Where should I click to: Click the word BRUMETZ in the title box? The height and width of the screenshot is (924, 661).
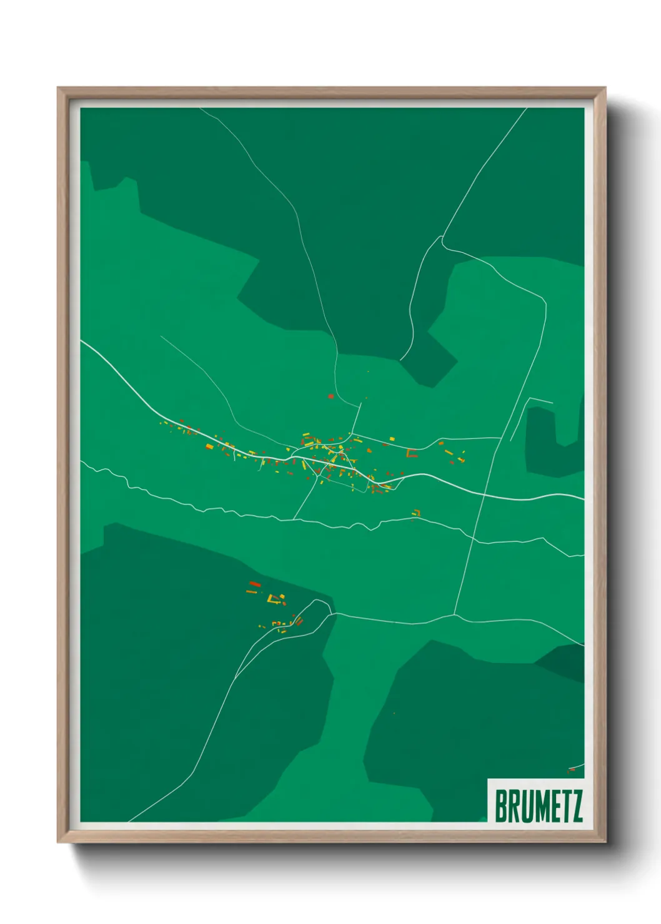tap(539, 806)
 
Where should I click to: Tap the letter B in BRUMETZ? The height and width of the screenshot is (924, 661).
tap(501, 806)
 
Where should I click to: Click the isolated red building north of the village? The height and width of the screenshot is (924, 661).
tap(330, 396)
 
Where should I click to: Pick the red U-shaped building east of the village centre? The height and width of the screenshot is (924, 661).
tap(412, 454)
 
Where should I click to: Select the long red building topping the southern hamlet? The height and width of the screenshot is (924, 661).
tap(254, 584)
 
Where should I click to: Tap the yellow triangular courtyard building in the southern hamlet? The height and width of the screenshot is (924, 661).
tap(272, 599)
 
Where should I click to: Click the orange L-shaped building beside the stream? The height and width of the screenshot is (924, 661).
tap(416, 513)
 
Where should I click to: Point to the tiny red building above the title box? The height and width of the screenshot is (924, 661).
tap(571, 770)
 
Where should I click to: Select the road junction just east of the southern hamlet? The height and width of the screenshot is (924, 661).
tap(332, 614)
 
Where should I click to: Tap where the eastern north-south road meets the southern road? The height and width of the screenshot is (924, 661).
tap(455, 615)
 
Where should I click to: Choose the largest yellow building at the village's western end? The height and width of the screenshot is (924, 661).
tap(210, 446)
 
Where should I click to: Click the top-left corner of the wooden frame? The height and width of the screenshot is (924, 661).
tap(58, 88)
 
